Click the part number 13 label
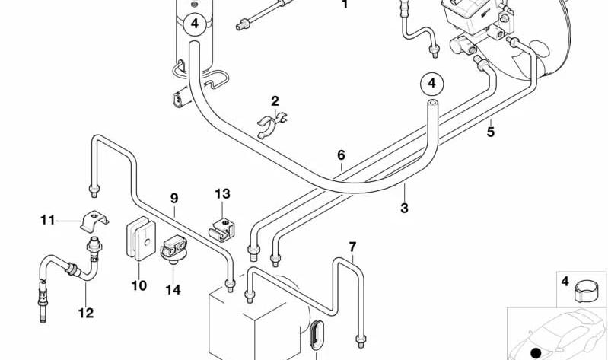point(222,193)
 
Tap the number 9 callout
point(174,199)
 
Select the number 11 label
point(48,221)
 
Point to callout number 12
point(86,313)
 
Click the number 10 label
point(138,286)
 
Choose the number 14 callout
point(173,290)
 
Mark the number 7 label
point(352,247)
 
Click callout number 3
point(404,208)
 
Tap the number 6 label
point(341,155)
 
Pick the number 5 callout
point(491,132)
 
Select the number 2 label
point(275,101)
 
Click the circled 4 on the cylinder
point(195,24)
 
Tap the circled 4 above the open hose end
point(431,84)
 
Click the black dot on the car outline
point(536,353)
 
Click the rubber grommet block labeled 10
point(141,238)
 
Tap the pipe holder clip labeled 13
point(222,230)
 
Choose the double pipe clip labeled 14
point(173,250)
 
